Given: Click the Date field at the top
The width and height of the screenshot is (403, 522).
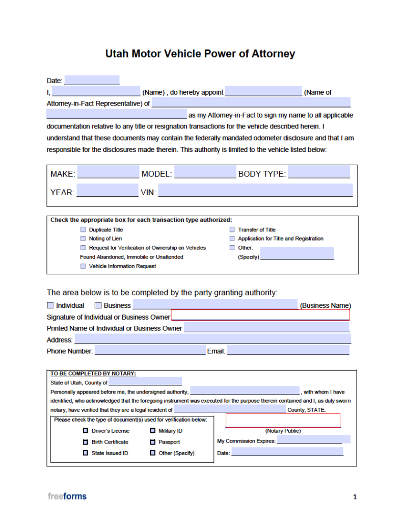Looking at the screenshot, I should [92, 80].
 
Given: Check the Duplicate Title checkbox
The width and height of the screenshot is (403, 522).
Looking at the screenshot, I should [84, 230].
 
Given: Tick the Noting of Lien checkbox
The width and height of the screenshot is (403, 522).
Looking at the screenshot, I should [84, 239].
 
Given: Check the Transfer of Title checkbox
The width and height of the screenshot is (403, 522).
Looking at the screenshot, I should [232, 230].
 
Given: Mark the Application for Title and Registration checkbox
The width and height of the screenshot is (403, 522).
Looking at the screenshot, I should [232, 239].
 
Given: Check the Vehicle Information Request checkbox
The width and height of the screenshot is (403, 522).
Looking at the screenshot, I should [84, 266].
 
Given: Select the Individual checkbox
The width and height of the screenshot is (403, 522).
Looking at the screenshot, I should [50, 305].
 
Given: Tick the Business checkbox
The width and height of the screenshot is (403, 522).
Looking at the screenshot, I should [98, 305].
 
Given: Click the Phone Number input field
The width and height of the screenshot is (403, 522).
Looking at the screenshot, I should [150, 351].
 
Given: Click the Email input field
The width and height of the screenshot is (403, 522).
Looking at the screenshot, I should [288, 351].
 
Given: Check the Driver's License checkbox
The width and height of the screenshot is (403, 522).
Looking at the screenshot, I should [86, 431].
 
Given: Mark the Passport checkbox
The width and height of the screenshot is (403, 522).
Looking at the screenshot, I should [153, 442].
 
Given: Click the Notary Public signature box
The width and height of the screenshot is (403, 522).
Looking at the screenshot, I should [283, 420].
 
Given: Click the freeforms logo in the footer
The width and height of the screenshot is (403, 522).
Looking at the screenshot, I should [67, 496].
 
